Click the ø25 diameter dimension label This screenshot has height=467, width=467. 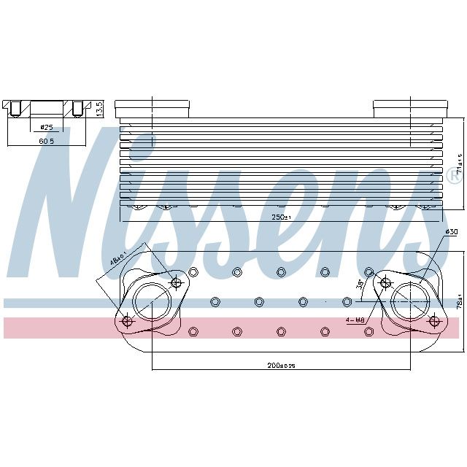(x=46, y=128)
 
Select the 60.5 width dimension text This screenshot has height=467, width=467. (x=46, y=139)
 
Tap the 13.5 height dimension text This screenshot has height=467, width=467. (x=100, y=108)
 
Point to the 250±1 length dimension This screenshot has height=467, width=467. (x=279, y=217)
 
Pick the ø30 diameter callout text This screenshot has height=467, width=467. (x=451, y=232)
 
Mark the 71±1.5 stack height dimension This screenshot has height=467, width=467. (x=458, y=170)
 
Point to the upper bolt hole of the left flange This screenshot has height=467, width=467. (x=175, y=282)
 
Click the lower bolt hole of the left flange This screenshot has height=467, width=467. (x=128, y=321)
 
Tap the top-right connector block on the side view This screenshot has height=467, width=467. (x=406, y=108)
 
